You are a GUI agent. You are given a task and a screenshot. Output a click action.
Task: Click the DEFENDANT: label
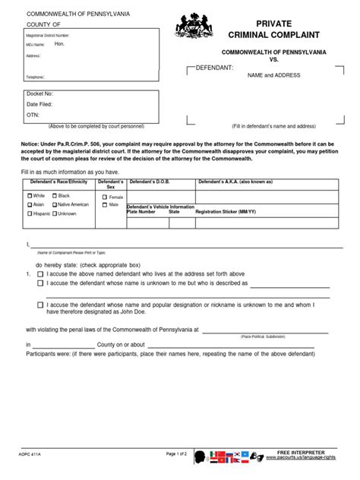coord(215,68)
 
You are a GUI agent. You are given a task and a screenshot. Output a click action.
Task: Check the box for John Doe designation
coord(39,305)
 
